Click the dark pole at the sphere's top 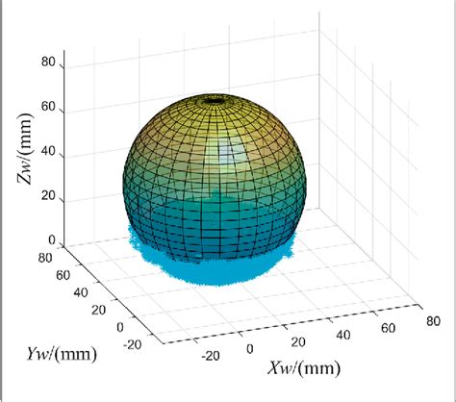click(214, 98)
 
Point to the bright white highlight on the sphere click(229, 152)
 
